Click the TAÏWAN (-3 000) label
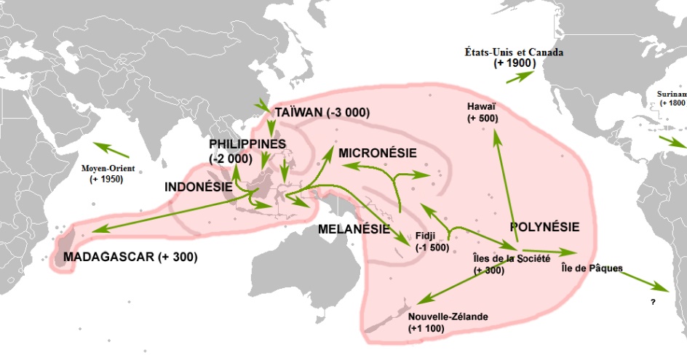322,113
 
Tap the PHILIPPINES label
247,144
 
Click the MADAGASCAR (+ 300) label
130,258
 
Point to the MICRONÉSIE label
377,153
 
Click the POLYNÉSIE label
545,227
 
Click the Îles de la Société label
509,258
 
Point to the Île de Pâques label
592,268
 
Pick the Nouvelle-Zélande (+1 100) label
448,322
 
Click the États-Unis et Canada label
514,53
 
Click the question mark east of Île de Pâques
653,301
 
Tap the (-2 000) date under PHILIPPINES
231,159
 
